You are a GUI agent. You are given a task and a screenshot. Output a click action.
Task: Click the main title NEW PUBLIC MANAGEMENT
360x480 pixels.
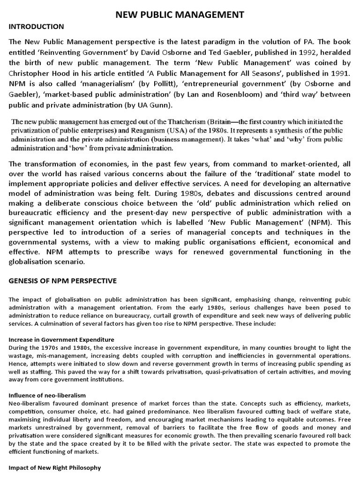(180, 15)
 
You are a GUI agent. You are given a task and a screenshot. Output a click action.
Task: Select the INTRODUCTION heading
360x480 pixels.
(37, 26)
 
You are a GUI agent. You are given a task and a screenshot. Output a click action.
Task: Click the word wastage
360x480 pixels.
(20, 355)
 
